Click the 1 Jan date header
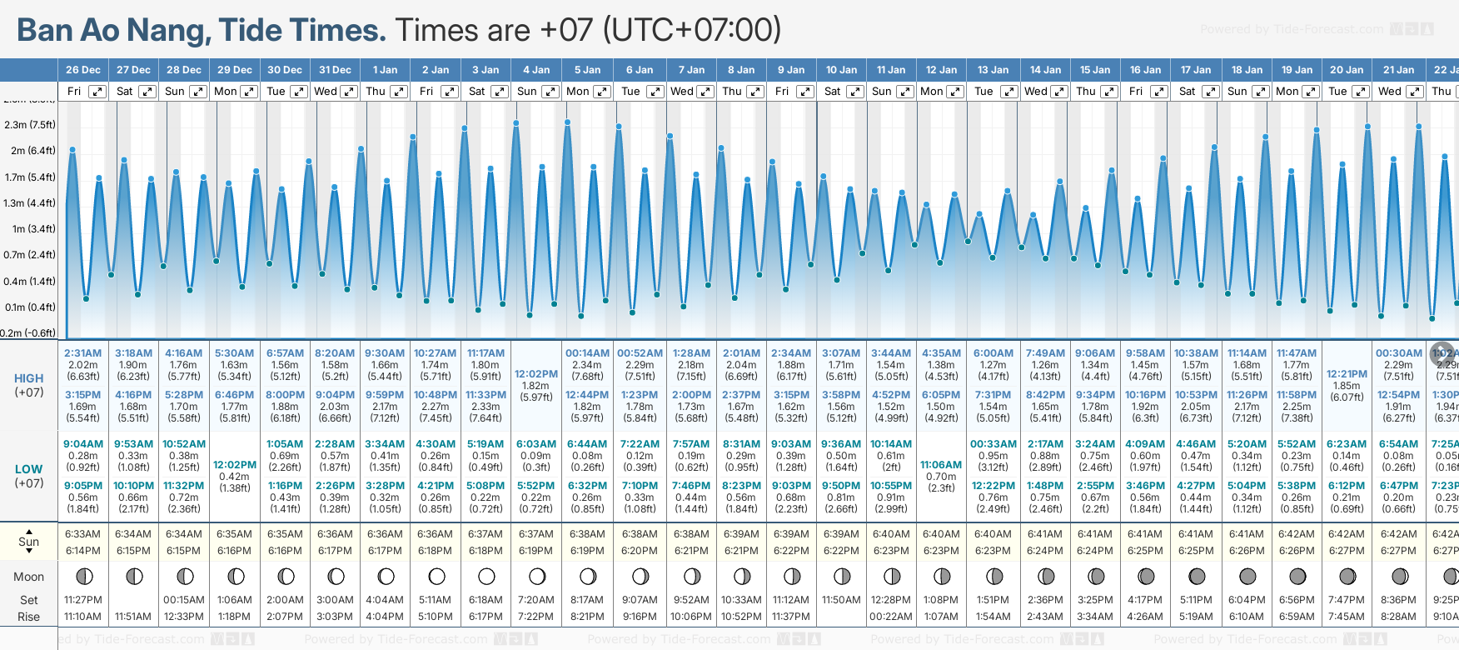(x=385, y=70)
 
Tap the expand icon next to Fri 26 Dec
(x=97, y=92)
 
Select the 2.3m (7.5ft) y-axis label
(x=29, y=125)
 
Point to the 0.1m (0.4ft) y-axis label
(x=29, y=307)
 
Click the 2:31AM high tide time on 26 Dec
(x=83, y=353)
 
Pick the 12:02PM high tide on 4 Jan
(x=536, y=374)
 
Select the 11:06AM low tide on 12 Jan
(x=941, y=465)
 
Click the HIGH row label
(x=29, y=378)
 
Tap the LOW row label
(x=29, y=469)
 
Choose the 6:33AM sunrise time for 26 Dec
(x=83, y=534)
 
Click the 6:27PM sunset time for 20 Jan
(x=1347, y=551)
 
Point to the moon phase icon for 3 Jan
(x=486, y=576)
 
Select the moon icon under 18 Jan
(x=1247, y=576)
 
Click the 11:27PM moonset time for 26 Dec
(x=83, y=600)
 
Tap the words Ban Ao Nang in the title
(x=112, y=30)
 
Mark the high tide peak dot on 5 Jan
(x=568, y=122)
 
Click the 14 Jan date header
(x=1045, y=70)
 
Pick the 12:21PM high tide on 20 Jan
(x=1347, y=374)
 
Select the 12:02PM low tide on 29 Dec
(x=235, y=465)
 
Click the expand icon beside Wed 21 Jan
(x=1414, y=92)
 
